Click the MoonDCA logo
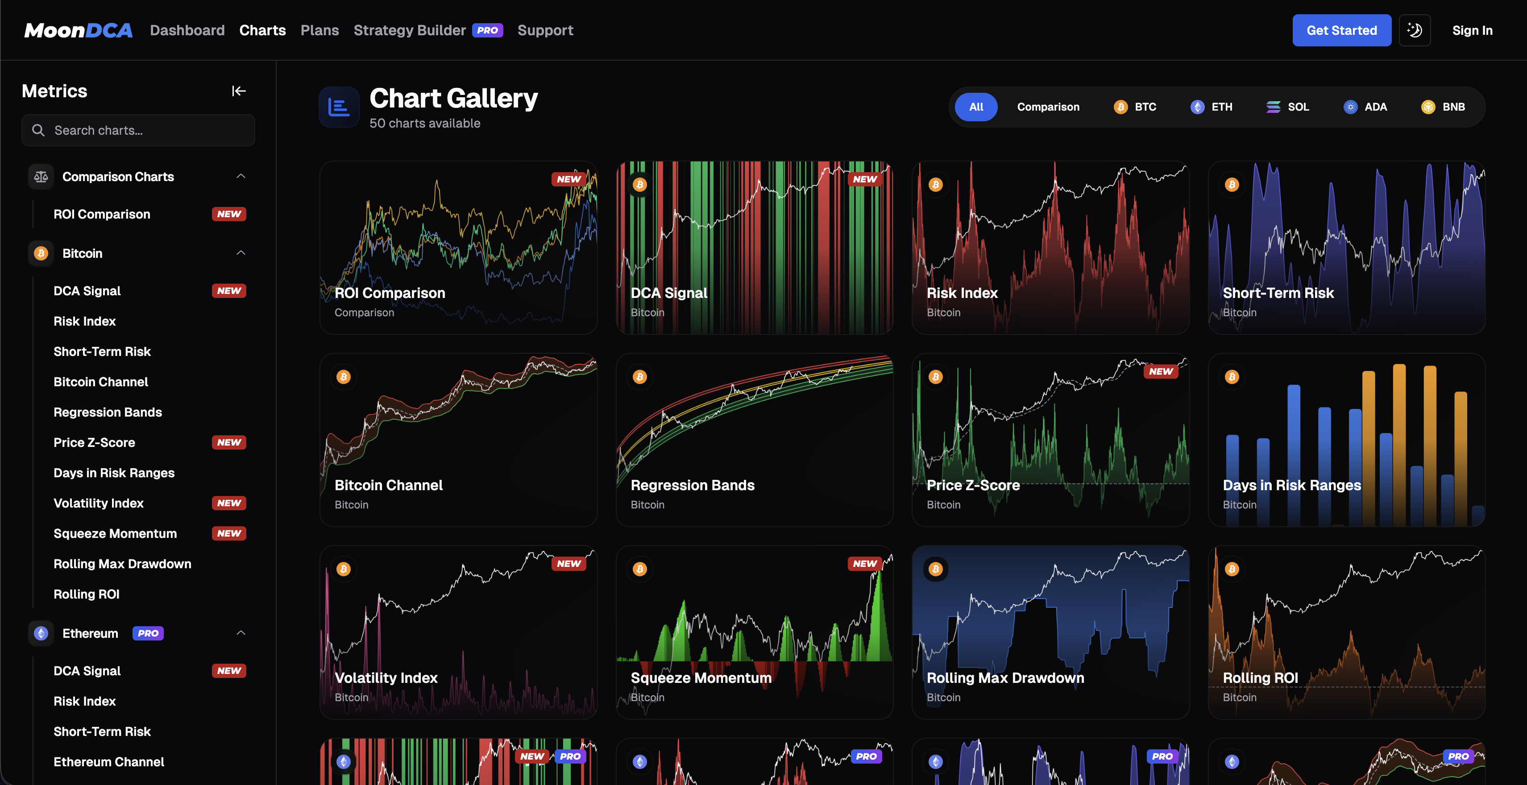click(x=78, y=30)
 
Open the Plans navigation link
click(x=320, y=30)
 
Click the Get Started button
click(x=1341, y=30)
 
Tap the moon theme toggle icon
click(x=1415, y=30)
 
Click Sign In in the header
click(x=1472, y=30)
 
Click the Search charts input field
click(x=138, y=130)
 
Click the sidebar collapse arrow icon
click(x=238, y=91)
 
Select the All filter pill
click(x=976, y=107)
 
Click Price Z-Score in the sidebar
click(x=94, y=442)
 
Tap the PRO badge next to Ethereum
click(x=148, y=633)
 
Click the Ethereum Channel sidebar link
click(x=108, y=762)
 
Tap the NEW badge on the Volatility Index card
click(x=568, y=563)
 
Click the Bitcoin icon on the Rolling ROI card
click(x=1232, y=569)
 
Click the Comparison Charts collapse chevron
click(x=241, y=177)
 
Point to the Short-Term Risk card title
click(x=1278, y=293)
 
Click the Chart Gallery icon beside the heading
click(x=339, y=107)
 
